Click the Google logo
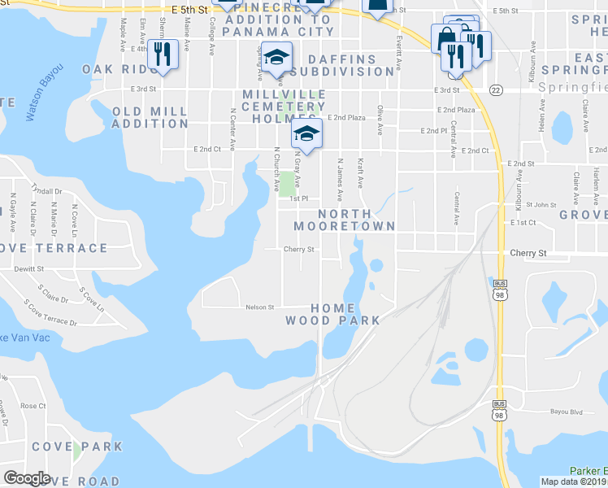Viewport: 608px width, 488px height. pos(27,478)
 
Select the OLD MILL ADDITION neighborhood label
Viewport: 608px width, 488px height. pos(150,117)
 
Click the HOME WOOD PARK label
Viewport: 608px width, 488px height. pos(332,314)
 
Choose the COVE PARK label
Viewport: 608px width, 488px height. pos(77,447)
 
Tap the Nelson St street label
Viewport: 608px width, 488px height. pos(260,307)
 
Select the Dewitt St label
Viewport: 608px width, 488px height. pos(28,268)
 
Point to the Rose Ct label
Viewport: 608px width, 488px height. pos(33,405)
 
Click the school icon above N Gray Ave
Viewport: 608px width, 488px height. pos(306,133)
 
